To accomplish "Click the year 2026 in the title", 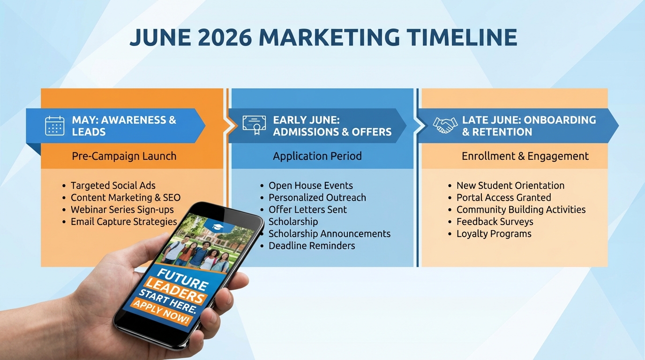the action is pyautogui.click(x=225, y=37).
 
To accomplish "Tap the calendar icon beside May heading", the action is pyautogui.click(x=55, y=126).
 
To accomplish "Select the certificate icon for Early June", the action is pyautogui.click(x=254, y=125).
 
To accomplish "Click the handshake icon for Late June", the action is pyautogui.click(x=445, y=125).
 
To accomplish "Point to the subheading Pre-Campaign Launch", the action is pyautogui.click(x=124, y=156).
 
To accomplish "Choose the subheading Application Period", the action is pyautogui.click(x=317, y=156).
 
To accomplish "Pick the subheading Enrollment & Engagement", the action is pyautogui.click(x=525, y=156).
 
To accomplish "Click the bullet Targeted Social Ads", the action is pyautogui.click(x=113, y=186).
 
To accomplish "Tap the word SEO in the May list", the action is pyautogui.click(x=172, y=197).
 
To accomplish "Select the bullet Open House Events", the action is pyautogui.click(x=311, y=186).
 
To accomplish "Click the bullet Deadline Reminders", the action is pyautogui.click(x=312, y=246).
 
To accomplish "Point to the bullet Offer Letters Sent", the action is pyautogui.click(x=307, y=210).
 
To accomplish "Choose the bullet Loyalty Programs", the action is pyautogui.click(x=494, y=233).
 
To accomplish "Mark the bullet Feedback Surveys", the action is pyautogui.click(x=495, y=222).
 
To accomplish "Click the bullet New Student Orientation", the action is pyautogui.click(x=510, y=186).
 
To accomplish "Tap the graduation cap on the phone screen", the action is pyautogui.click(x=217, y=227).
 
